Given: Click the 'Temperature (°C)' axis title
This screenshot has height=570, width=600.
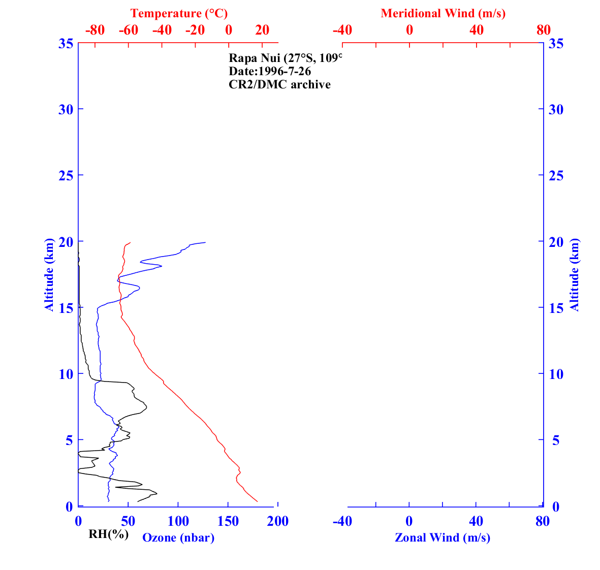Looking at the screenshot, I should tap(179, 13).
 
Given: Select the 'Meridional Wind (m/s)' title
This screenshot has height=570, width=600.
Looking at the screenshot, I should tap(443, 13).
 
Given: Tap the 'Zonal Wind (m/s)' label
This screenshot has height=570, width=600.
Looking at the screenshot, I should tap(443, 537).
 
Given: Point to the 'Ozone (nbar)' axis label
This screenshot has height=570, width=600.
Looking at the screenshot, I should tap(178, 537).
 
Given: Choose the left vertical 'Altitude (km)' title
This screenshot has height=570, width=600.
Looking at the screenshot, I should tap(49, 274).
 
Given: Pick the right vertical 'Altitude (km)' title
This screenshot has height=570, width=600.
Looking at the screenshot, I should tap(575, 274).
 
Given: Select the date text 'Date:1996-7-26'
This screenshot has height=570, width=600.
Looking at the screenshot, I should tap(270, 71).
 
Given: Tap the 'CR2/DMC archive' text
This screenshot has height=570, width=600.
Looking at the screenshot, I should tap(279, 84).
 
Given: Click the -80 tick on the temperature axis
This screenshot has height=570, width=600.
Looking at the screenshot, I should tap(95, 30).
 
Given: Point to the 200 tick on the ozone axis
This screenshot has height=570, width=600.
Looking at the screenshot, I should tap(277, 521).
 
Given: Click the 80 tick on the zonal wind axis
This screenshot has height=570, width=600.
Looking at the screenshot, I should tap(543, 521).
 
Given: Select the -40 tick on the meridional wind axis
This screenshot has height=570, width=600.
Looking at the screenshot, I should tap(342, 30).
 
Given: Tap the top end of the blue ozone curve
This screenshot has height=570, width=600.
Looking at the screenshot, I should tap(205, 242).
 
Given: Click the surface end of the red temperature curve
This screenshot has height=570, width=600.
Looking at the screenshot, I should tap(258, 501).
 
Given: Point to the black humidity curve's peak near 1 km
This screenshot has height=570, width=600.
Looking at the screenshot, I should tap(157, 493).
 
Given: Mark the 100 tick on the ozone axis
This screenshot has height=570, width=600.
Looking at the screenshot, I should tap(178, 521).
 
